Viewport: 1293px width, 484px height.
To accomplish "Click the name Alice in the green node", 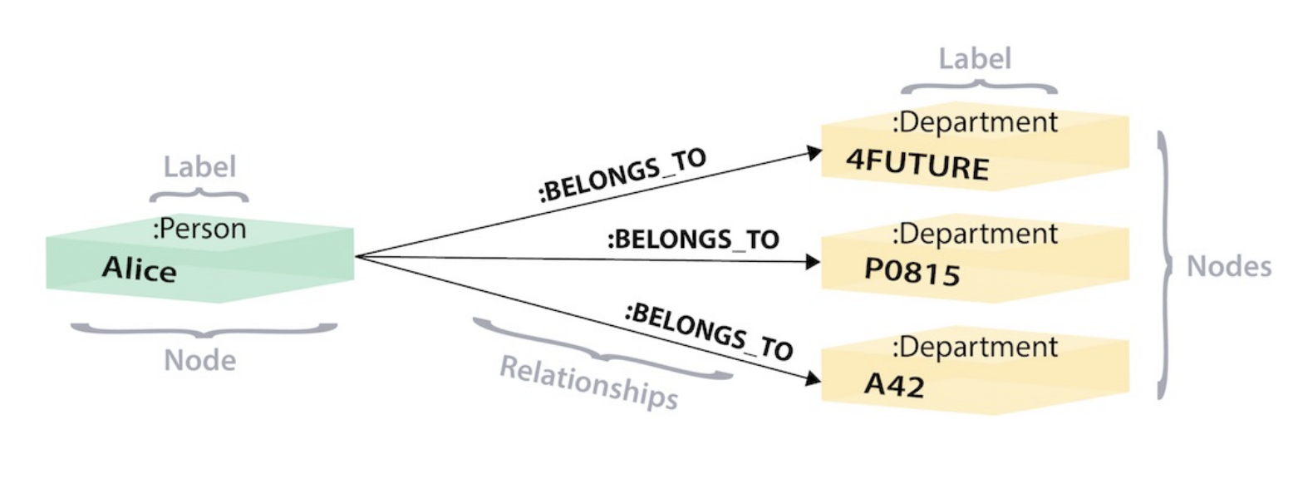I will pyautogui.click(x=139, y=269).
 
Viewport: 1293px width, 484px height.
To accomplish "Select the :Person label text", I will pyautogui.click(x=199, y=229).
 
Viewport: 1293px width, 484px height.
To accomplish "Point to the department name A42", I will pyautogui.click(x=893, y=384).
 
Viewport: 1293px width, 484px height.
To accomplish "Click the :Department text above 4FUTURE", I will pyautogui.click(x=975, y=122).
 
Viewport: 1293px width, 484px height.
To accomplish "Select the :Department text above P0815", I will pyautogui.click(x=975, y=234).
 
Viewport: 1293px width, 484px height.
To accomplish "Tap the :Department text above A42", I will pyautogui.click(x=975, y=346).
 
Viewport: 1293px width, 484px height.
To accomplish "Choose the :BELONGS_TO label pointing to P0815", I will pyautogui.click(x=692, y=240).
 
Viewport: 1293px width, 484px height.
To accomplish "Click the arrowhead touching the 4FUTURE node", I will pyautogui.click(x=813, y=152).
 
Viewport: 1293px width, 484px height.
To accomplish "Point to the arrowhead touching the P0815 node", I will pyautogui.click(x=813, y=262).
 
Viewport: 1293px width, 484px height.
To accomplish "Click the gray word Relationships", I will pyautogui.click(x=588, y=383).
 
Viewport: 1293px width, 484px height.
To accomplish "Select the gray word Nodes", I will pyautogui.click(x=1229, y=266).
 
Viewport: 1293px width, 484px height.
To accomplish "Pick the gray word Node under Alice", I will pyautogui.click(x=199, y=360).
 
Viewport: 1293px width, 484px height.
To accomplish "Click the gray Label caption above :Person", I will pyautogui.click(x=199, y=166).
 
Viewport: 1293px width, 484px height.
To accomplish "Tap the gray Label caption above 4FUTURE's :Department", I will pyautogui.click(x=975, y=59).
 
